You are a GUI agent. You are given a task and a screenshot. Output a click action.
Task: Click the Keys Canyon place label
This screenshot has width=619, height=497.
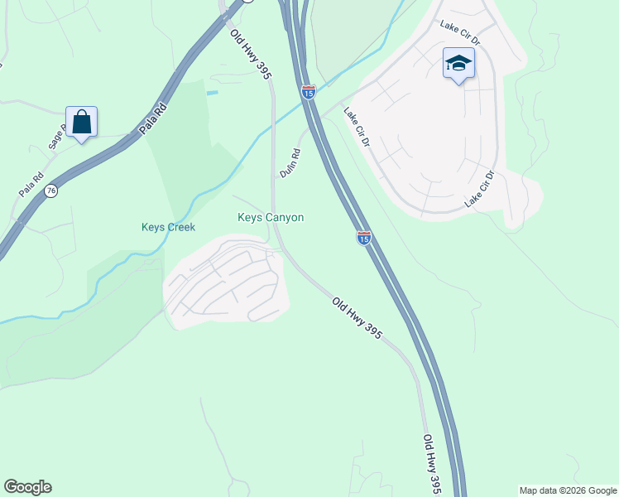[271, 218]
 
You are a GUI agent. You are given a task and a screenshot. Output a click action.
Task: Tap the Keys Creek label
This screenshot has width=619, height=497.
[167, 227]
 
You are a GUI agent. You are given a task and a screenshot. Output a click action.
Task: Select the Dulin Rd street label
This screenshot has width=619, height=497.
[290, 163]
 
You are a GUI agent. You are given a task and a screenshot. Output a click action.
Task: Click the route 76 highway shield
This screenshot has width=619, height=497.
[51, 190]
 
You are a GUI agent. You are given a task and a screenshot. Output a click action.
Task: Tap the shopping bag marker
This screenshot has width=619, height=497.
[82, 123]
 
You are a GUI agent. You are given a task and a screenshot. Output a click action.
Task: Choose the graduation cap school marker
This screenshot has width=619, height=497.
[458, 64]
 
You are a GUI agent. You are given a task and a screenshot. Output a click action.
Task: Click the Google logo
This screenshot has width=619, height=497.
[27, 487]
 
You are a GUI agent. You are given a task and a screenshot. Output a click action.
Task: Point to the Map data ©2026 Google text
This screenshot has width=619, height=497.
[569, 490]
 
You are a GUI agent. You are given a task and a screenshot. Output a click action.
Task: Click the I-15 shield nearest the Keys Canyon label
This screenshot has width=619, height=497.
[363, 238]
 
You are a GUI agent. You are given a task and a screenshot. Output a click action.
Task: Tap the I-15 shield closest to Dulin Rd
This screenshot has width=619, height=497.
[308, 92]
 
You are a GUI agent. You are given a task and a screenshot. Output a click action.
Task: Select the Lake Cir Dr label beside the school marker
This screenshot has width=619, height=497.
[460, 34]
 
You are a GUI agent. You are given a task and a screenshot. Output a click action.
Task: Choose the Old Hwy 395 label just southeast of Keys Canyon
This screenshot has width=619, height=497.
[357, 317]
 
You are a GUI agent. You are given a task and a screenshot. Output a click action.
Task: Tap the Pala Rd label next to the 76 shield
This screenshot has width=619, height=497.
[31, 184]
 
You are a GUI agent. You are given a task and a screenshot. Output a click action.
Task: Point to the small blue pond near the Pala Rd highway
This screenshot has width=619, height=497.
[213, 93]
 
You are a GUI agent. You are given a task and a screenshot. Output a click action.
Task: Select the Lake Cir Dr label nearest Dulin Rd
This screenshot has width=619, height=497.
[357, 129]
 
